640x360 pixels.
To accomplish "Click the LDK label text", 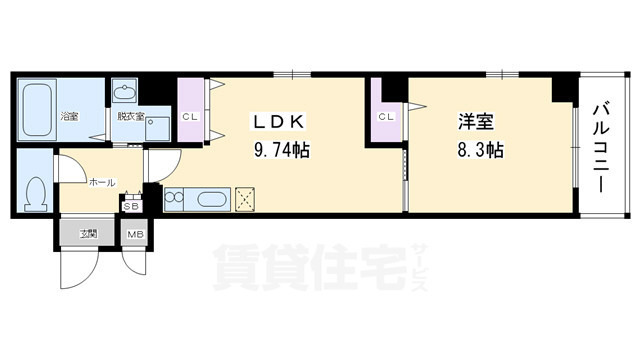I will point(279,122).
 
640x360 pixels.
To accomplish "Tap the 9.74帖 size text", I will point(279,150).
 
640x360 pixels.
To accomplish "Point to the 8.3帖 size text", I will point(477,150).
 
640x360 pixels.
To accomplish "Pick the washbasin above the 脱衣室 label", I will point(124,94).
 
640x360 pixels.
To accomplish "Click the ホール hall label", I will point(102,183).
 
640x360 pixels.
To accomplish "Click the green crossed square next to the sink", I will point(245,199).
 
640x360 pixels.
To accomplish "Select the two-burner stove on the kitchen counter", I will point(172,199).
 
